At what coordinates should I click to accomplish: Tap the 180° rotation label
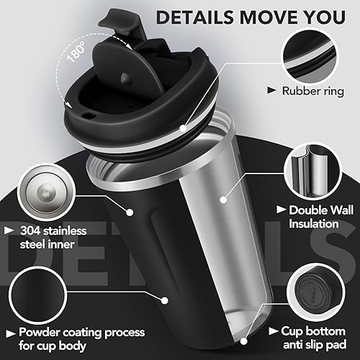[x=76, y=52]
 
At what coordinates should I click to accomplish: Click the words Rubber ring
[x=313, y=91]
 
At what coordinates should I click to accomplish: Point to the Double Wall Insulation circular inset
[x=312, y=171]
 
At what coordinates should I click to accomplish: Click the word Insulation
[x=314, y=224]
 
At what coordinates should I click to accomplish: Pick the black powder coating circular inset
[x=38, y=295]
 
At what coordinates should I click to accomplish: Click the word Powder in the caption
[x=40, y=333]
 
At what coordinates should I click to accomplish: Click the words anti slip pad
[x=315, y=345]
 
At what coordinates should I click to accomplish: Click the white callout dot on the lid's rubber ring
[x=183, y=128]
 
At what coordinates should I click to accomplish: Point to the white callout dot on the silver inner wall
[x=223, y=199]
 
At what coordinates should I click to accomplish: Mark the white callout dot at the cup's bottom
[x=243, y=341]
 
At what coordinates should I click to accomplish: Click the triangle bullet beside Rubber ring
[x=271, y=91]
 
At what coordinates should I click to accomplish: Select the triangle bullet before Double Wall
[x=281, y=210]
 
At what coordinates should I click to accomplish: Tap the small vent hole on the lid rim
[x=89, y=116]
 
